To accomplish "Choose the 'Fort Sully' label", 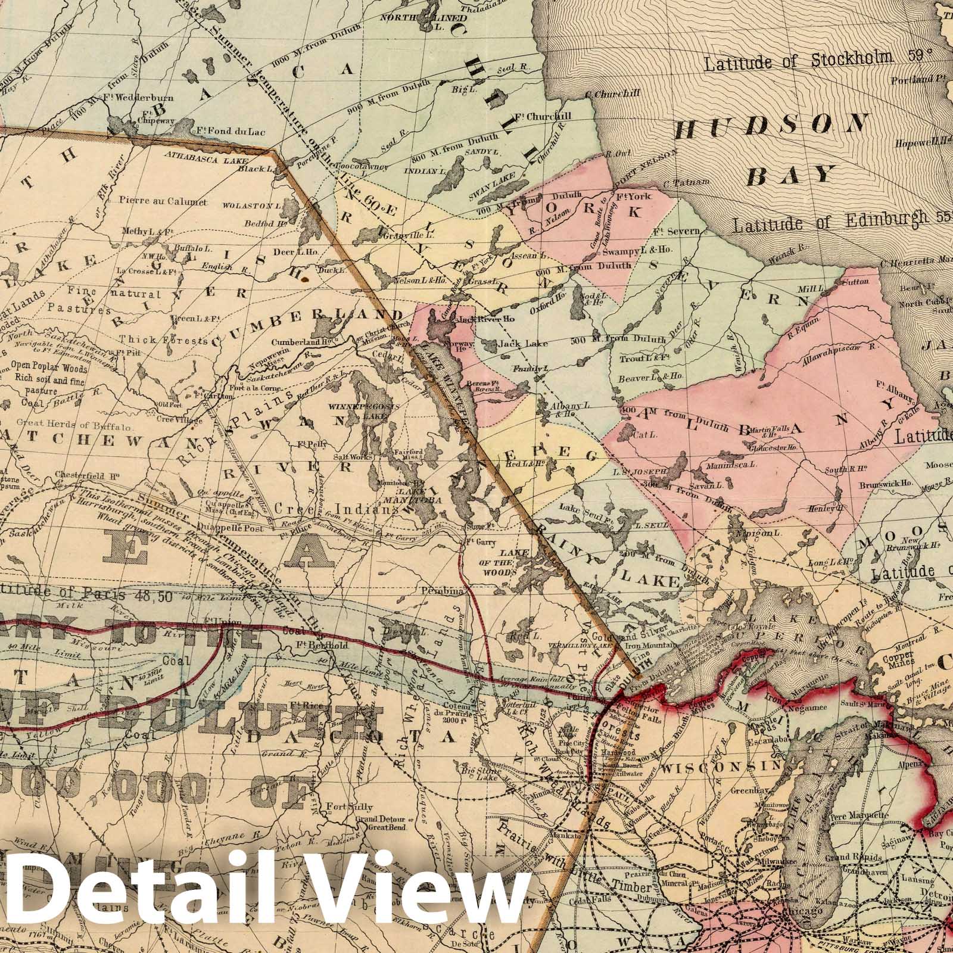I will [350, 808].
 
